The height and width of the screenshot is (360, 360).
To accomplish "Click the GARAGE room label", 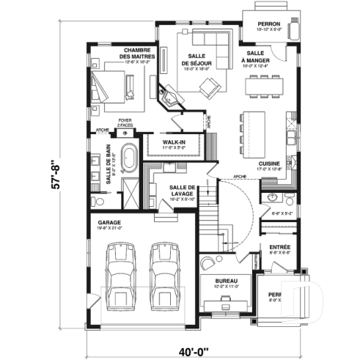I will (109, 221).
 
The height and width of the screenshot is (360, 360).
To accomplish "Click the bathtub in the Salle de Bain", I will (129, 159).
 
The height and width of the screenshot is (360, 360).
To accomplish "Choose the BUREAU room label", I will (226, 282).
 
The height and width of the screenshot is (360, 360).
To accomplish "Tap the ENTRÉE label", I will (279, 247).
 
